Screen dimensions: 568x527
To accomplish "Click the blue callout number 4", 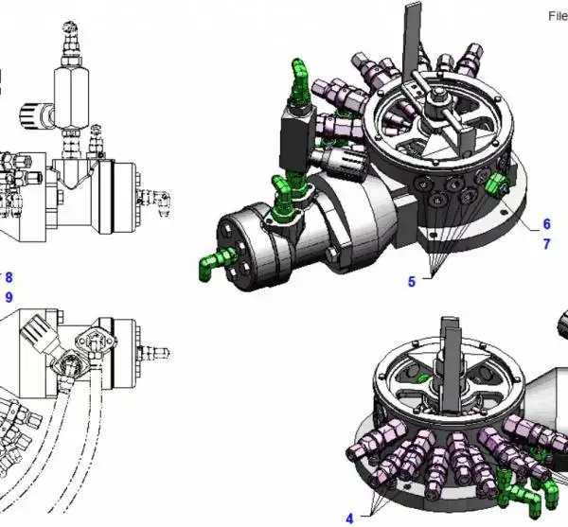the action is click(349, 518).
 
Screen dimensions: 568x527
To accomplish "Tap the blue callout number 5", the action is click(412, 282).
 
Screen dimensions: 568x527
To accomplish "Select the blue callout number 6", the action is click(546, 224).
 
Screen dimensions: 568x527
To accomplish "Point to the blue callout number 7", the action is click(546, 244).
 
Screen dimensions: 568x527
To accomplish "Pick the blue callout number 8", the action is click(9, 277).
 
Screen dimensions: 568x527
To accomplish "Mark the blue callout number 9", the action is click(9, 297).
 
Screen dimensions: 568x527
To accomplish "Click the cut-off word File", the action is click(558, 16).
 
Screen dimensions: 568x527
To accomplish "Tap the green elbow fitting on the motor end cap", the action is click(214, 263).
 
